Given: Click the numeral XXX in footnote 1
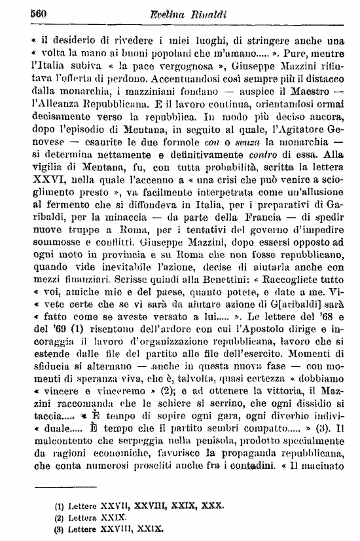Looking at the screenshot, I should (213, 506).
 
